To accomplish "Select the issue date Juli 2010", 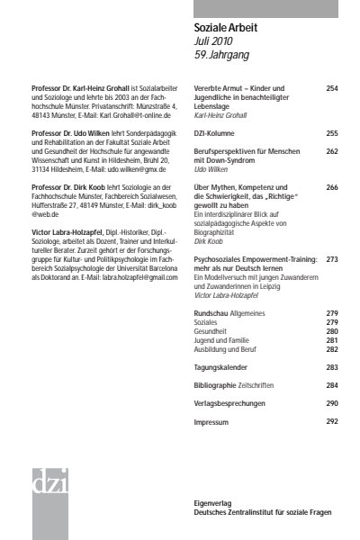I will pyautogui.click(x=214, y=41).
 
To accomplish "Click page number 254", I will pyautogui.click(x=332, y=88).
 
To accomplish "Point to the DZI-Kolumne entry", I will pyautogui.click(x=217, y=133).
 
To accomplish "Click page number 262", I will pyautogui.click(x=332, y=151).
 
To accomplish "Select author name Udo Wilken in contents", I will pyautogui.click(x=211, y=168).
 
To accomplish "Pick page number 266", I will pyautogui.click(x=332, y=186).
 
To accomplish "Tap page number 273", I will pyautogui.click(x=332, y=258).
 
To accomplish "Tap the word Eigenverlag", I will pyautogui.click(x=213, y=503).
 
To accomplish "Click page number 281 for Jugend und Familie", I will pyautogui.click(x=332, y=340).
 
